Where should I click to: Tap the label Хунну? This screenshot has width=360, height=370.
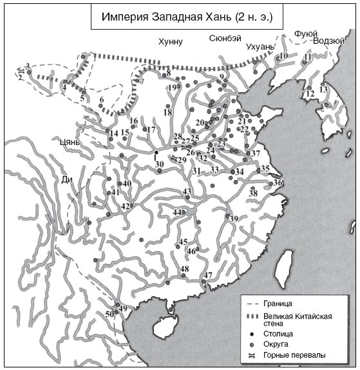click(x=171, y=42)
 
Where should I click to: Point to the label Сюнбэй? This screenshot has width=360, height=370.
click(x=225, y=39)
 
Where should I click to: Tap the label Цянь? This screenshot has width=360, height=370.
click(x=68, y=142)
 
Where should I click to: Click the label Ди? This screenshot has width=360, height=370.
click(x=66, y=180)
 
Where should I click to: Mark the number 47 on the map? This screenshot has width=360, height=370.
click(x=207, y=276)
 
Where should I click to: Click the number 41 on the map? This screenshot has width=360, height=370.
click(x=115, y=193)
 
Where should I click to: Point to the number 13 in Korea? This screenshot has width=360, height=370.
click(x=323, y=89)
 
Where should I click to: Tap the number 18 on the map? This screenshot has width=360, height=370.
click(x=167, y=113)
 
